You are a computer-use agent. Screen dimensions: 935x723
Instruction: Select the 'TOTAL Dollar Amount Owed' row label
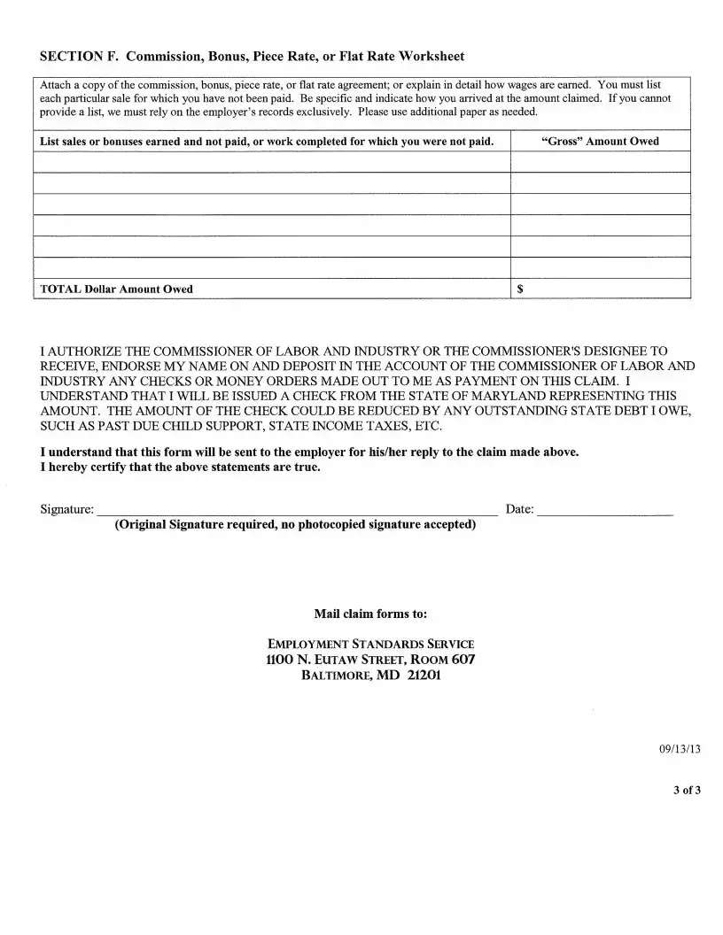(116, 289)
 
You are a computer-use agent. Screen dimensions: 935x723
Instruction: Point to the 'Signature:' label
(67, 509)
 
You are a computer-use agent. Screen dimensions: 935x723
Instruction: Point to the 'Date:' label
(519, 509)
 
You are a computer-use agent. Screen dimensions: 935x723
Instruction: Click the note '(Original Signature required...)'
(295, 524)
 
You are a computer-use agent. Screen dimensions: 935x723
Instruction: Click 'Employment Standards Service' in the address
(370, 644)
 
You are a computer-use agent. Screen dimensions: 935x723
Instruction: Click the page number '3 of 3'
(686, 790)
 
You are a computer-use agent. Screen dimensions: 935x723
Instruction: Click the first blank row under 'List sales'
(272, 162)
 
